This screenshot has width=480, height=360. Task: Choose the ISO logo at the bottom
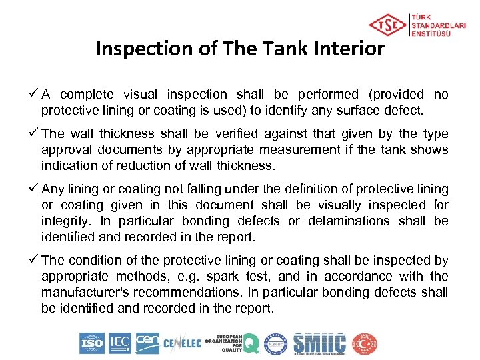pyautogui.click(x=92, y=343)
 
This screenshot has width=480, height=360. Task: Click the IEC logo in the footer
pyautogui.click(x=119, y=343)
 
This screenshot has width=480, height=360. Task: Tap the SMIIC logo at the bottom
pyautogui.click(x=320, y=343)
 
